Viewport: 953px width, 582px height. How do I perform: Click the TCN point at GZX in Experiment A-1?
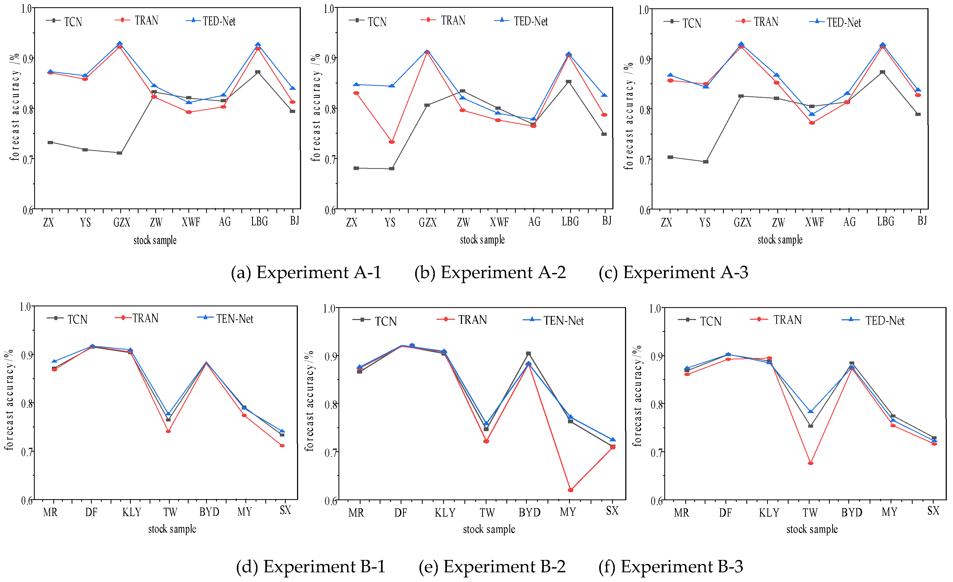(x=119, y=153)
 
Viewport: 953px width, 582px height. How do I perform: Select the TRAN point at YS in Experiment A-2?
(x=391, y=142)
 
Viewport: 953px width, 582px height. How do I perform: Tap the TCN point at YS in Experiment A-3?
(x=705, y=162)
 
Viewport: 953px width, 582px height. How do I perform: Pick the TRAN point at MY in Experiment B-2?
(x=570, y=490)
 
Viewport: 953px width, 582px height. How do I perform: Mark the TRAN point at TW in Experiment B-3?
(x=811, y=463)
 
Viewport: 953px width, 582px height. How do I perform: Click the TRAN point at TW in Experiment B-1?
(x=168, y=431)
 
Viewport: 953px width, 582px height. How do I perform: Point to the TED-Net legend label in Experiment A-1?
(x=219, y=21)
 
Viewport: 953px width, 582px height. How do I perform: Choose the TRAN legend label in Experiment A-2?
(x=453, y=20)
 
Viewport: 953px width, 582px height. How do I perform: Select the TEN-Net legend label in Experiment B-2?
(x=563, y=321)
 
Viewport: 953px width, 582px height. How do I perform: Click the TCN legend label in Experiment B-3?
(x=711, y=321)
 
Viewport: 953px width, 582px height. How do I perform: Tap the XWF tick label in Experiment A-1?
(x=191, y=222)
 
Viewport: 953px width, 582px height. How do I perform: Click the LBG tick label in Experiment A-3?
(x=886, y=222)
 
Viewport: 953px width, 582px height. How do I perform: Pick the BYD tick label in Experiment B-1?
(x=209, y=512)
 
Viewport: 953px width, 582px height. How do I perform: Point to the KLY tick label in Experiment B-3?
(x=769, y=512)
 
